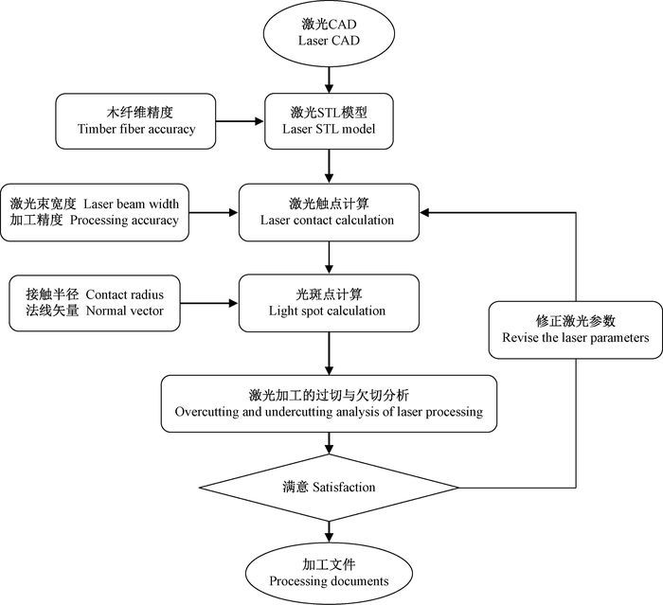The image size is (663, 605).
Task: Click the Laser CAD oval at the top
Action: (x=329, y=33)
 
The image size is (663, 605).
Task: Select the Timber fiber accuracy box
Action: (x=135, y=121)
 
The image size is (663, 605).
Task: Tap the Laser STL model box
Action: (x=329, y=121)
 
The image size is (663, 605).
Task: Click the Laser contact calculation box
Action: (x=329, y=212)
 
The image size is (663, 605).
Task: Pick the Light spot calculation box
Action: (x=329, y=303)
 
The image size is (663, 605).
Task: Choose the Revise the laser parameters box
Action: (x=576, y=329)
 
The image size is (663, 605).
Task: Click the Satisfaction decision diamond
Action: (x=329, y=488)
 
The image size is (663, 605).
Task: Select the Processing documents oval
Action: (x=329, y=573)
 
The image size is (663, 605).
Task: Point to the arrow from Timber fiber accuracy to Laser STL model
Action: (x=241, y=121)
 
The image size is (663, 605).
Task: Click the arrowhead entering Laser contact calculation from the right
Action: (x=424, y=212)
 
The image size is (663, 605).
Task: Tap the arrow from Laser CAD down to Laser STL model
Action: (x=329, y=80)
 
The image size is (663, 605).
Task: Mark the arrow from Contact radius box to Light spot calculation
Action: (x=209, y=303)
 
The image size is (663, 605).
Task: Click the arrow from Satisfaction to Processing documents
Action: (x=329, y=531)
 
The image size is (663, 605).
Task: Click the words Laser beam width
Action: (x=131, y=204)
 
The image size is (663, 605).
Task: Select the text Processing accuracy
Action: (x=124, y=221)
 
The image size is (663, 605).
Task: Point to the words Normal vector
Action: (x=125, y=311)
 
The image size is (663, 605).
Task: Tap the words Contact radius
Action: (x=125, y=294)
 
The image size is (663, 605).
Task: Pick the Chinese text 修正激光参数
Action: (x=576, y=321)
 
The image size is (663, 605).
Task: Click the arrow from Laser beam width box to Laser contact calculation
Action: (x=213, y=212)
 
